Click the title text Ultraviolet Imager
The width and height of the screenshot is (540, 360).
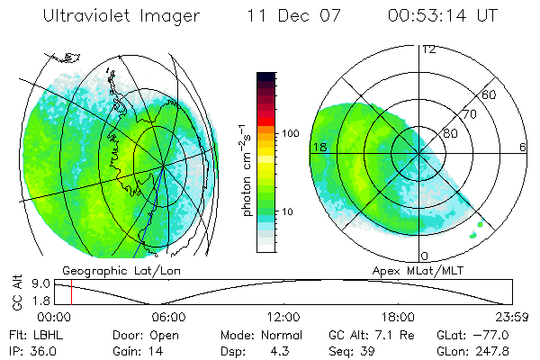[120, 16]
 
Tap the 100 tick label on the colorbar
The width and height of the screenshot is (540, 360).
[289, 133]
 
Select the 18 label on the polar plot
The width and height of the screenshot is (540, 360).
[318, 147]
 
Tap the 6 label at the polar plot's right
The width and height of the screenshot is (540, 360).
[523, 147]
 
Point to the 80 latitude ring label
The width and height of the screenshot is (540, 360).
[451, 133]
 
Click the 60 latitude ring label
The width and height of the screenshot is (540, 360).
[490, 94]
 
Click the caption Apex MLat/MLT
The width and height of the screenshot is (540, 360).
[409, 270]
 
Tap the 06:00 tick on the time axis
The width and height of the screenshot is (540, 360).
[168, 317]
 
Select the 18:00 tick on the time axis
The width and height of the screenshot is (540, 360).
[398, 317]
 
